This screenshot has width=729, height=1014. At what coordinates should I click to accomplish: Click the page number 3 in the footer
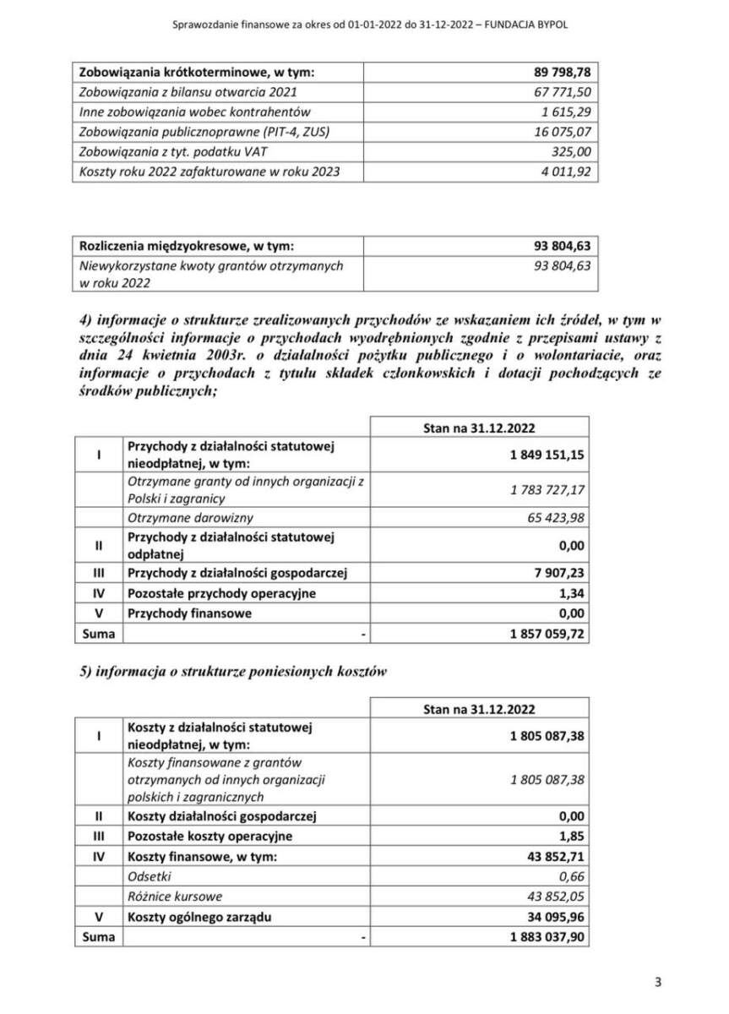657,981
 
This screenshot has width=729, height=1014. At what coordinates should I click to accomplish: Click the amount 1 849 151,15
547,455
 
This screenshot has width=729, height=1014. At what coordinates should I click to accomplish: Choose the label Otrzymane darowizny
191,518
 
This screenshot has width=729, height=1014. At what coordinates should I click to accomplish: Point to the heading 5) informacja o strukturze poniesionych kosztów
232,672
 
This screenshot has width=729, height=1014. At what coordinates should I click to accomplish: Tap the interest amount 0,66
571,877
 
